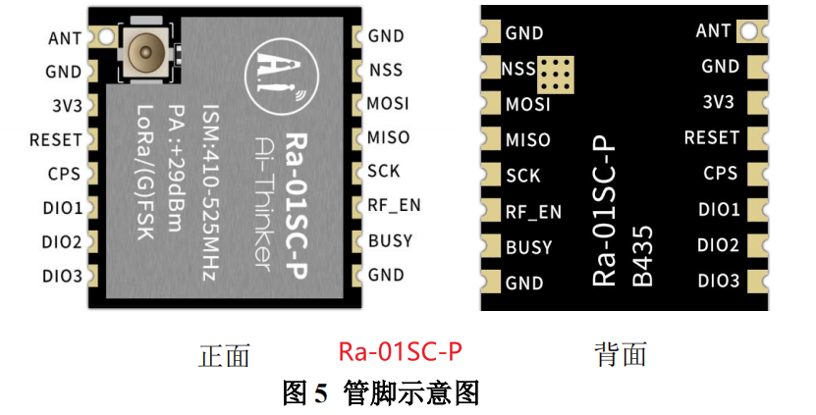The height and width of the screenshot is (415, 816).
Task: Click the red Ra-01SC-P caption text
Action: pyautogui.click(x=400, y=352)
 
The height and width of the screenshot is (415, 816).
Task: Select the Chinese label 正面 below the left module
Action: pyautogui.click(x=224, y=355)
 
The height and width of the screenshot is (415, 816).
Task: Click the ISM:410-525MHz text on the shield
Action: pyautogui.click(x=208, y=190)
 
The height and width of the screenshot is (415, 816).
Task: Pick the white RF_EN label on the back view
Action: pyautogui.click(x=533, y=212)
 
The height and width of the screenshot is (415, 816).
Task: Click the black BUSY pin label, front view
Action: pyautogui.click(x=390, y=240)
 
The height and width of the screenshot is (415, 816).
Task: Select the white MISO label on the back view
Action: pyautogui.click(x=527, y=140)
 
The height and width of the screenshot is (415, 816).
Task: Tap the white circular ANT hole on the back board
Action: pyautogui.click(x=750, y=31)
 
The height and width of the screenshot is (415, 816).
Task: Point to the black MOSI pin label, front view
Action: pyautogui.click(x=388, y=103)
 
